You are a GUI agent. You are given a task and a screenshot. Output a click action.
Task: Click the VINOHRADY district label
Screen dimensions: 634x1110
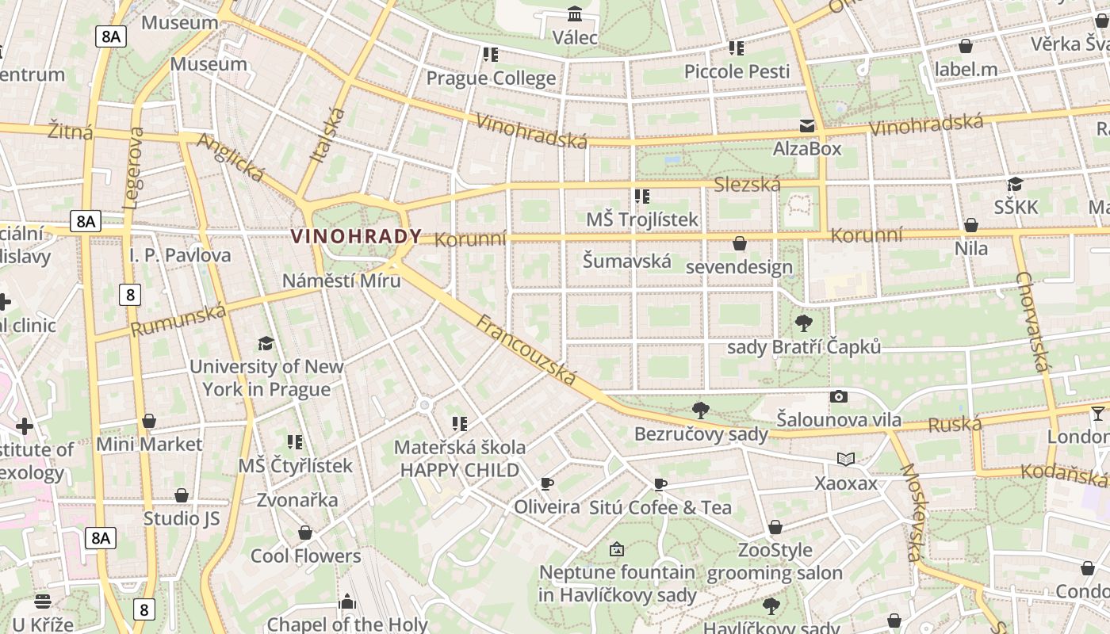(356, 236)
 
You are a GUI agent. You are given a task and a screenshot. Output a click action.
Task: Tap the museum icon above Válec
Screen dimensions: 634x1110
(575, 14)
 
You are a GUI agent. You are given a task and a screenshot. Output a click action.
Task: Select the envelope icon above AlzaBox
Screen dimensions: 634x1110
(807, 126)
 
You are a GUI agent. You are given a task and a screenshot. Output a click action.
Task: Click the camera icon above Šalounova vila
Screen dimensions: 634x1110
(839, 396)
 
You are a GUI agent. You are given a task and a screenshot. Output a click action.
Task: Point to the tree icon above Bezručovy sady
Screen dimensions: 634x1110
(700, 410)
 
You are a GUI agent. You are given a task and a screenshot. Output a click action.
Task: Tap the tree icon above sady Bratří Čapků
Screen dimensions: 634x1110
(803, 323)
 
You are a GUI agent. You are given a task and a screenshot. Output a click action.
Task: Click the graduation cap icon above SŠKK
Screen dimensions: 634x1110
(1015, 185)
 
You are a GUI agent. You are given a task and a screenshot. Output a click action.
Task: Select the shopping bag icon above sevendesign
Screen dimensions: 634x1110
(740, 243)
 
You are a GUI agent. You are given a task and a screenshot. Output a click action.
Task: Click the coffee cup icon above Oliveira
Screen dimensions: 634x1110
(546, 483)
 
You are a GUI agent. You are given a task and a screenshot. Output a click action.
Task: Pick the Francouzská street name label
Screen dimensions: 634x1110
(526, 349)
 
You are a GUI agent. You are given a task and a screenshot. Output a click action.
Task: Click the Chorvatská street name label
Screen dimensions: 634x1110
(1033, 321)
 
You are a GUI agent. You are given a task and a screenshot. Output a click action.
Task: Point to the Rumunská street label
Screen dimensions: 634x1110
(178, 320)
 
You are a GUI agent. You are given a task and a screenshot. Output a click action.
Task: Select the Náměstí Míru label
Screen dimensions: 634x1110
(342, 281)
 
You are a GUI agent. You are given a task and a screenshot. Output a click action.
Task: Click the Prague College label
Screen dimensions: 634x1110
(491, 78)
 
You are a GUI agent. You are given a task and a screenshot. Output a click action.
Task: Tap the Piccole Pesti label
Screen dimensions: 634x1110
(737, 71)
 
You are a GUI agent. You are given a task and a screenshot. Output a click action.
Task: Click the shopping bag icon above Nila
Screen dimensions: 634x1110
(971, 226)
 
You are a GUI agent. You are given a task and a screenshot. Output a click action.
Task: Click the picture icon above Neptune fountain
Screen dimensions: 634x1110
(617, 549)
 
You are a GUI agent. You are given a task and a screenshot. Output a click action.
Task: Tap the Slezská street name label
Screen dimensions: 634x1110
(747, 185)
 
